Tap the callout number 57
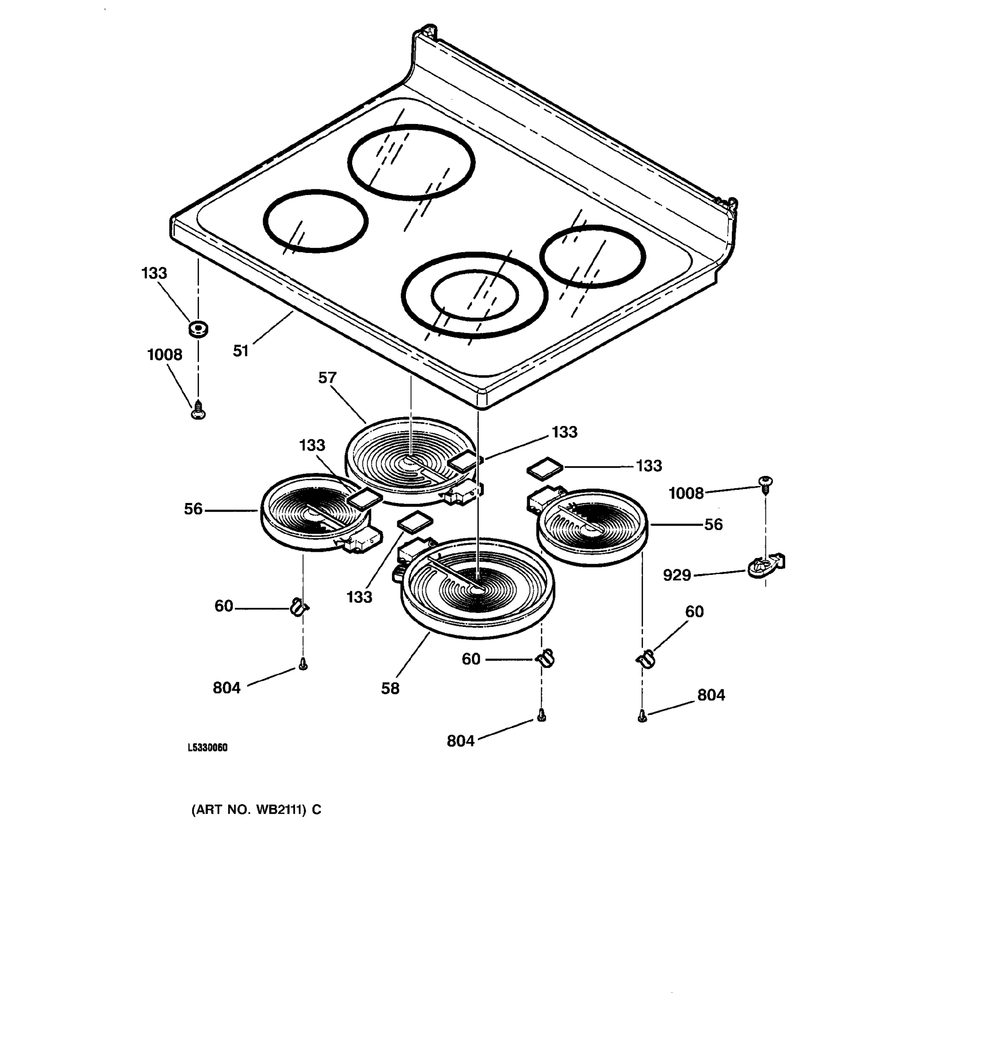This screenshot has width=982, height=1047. [327, 378]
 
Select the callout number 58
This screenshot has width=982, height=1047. [390, 688]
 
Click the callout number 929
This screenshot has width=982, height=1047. [677, 575]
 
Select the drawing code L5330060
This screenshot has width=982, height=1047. [208, 748]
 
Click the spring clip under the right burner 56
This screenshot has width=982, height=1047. [646, 659]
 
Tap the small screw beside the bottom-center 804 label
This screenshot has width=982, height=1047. [541, 715]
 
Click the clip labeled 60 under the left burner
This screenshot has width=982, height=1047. [299, 607]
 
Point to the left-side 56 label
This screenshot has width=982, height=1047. [193, 509]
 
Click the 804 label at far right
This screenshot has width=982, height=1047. [711, 695]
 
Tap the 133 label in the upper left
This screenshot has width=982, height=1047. [155, 274]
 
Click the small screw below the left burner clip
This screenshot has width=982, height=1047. [303, 665]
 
